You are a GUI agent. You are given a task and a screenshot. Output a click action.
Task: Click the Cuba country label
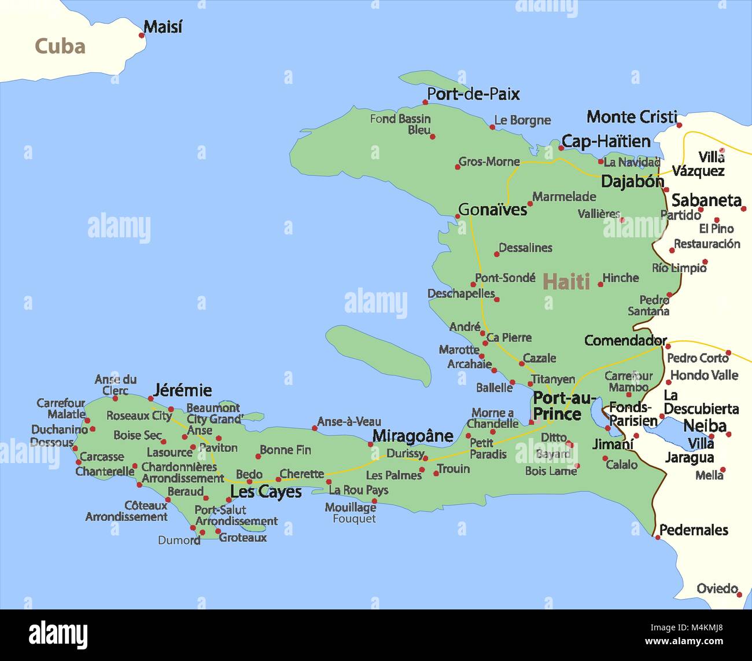(60, 46)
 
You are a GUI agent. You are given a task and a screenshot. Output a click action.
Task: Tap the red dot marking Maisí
(142, 35)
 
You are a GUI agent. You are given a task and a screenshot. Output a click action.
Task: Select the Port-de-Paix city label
(473, 94)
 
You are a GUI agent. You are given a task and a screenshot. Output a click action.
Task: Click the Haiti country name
(566, 282)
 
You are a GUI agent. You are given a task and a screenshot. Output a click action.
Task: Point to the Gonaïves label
(492, 209)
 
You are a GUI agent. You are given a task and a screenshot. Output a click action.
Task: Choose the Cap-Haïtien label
(606, 141)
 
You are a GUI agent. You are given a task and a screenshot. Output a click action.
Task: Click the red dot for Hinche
(600, 284)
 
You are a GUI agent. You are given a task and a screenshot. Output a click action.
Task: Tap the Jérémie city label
(182, 390)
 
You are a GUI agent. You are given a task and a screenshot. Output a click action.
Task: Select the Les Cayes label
(266, 492)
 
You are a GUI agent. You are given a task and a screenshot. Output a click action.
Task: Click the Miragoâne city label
(412, 436)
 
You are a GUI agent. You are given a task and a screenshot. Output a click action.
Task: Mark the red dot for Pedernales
(657, 538)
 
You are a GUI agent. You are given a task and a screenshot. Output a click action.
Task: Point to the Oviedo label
(717, 588)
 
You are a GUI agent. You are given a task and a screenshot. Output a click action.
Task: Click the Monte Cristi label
(631, 117)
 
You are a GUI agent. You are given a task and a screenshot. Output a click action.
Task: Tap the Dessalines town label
(525, 248)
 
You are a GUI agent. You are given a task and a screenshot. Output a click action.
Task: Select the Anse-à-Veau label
(349, 421)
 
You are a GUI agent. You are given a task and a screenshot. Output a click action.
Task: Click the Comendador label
(625, 340)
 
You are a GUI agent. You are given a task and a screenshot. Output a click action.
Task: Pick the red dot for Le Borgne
(492, 127)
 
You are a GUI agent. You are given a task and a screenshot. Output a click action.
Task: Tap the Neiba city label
(705, 426)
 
